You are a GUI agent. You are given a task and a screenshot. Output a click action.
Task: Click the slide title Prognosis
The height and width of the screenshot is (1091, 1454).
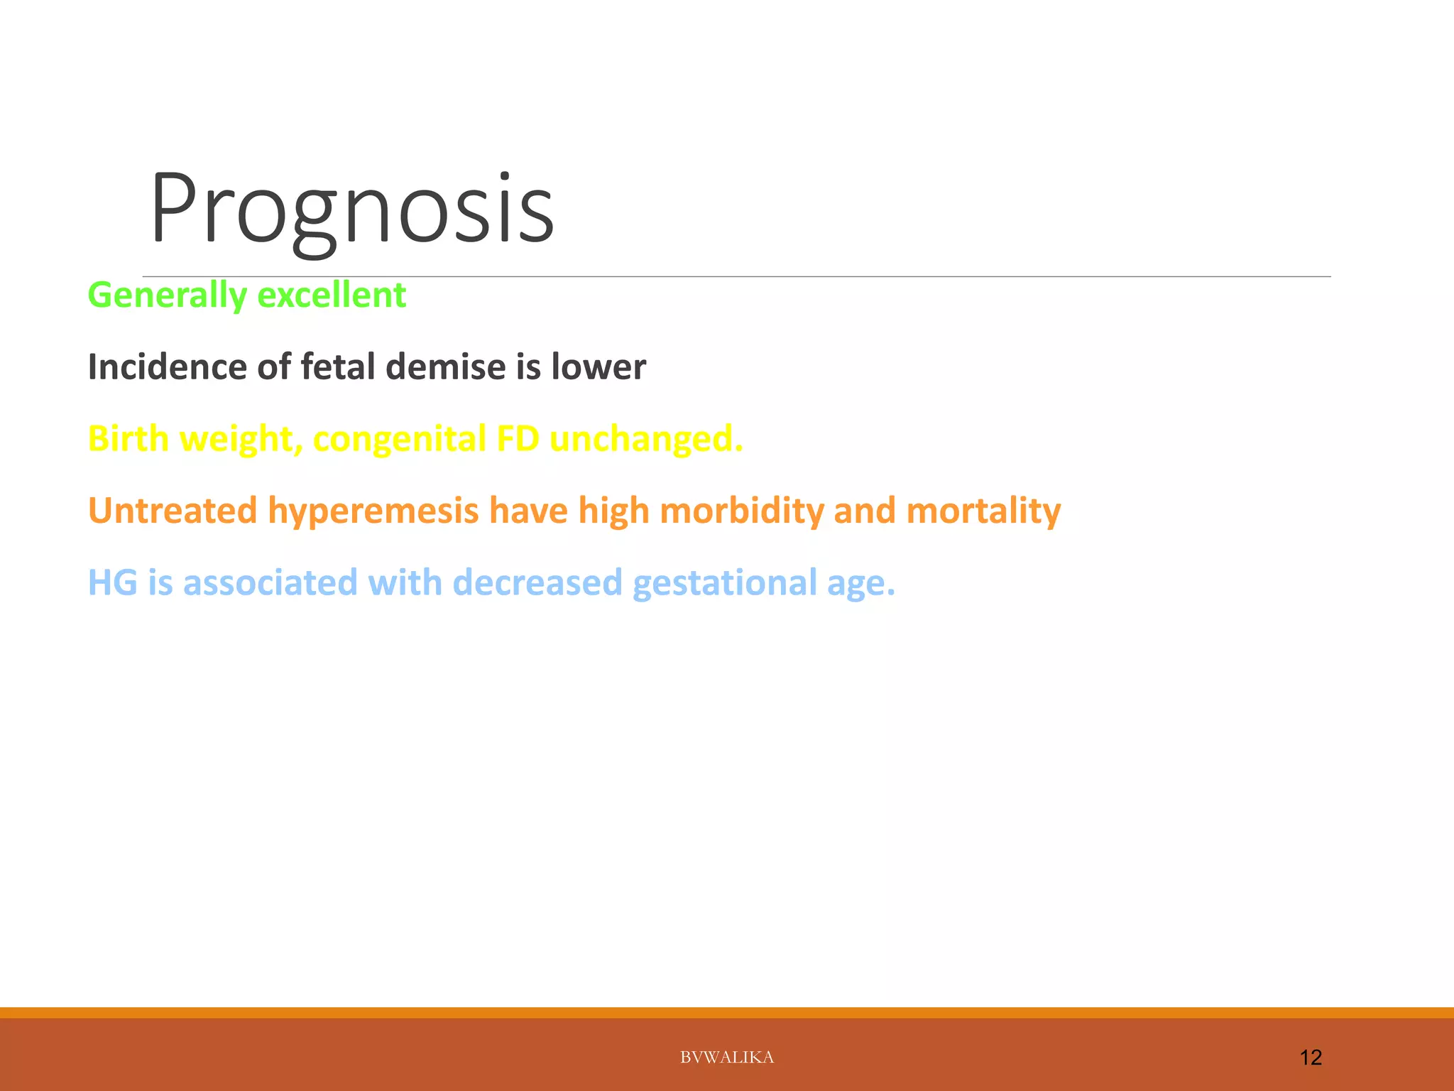tap(351, 210)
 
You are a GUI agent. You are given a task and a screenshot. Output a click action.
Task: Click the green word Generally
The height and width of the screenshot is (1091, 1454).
tap(167, 295)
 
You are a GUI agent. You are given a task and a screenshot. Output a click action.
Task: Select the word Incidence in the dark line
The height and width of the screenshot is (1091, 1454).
tap(167, 367)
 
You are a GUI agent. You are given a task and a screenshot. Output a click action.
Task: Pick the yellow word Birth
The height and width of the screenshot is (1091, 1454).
tap(128, 439)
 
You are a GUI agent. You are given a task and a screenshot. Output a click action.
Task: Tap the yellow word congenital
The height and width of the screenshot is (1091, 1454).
tap(399, 439)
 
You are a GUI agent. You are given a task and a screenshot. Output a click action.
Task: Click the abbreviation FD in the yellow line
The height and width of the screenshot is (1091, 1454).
tap(518, 439)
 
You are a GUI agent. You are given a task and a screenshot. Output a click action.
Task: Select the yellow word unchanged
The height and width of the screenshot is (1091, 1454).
tap(645, 439)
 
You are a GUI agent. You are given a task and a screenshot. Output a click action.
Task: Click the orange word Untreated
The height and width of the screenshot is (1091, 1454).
tap(172, 511)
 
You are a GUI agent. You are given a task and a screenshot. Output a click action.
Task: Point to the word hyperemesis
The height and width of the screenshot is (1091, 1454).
tap(373, 511)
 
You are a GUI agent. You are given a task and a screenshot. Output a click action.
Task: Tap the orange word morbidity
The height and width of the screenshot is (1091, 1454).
tap(741, 511)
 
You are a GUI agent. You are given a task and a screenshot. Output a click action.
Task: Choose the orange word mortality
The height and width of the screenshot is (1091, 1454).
tap(983, 511)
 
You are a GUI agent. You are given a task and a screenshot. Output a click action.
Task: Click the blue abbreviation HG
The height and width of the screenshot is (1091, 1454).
tap(112, 582)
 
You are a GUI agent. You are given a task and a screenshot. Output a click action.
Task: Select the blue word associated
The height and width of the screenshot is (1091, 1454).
tap(270, 582)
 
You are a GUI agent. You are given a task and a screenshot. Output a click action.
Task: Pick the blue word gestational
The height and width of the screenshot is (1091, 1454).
tap(724, 582)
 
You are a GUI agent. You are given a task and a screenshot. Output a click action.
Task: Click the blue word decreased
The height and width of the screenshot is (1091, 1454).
tap(537, 582)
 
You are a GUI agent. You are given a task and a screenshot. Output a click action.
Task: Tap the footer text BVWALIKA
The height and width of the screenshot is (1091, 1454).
tap(726, 1058)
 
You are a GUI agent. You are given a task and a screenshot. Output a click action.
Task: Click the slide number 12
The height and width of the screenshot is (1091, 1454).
tap(1310, 1058)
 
